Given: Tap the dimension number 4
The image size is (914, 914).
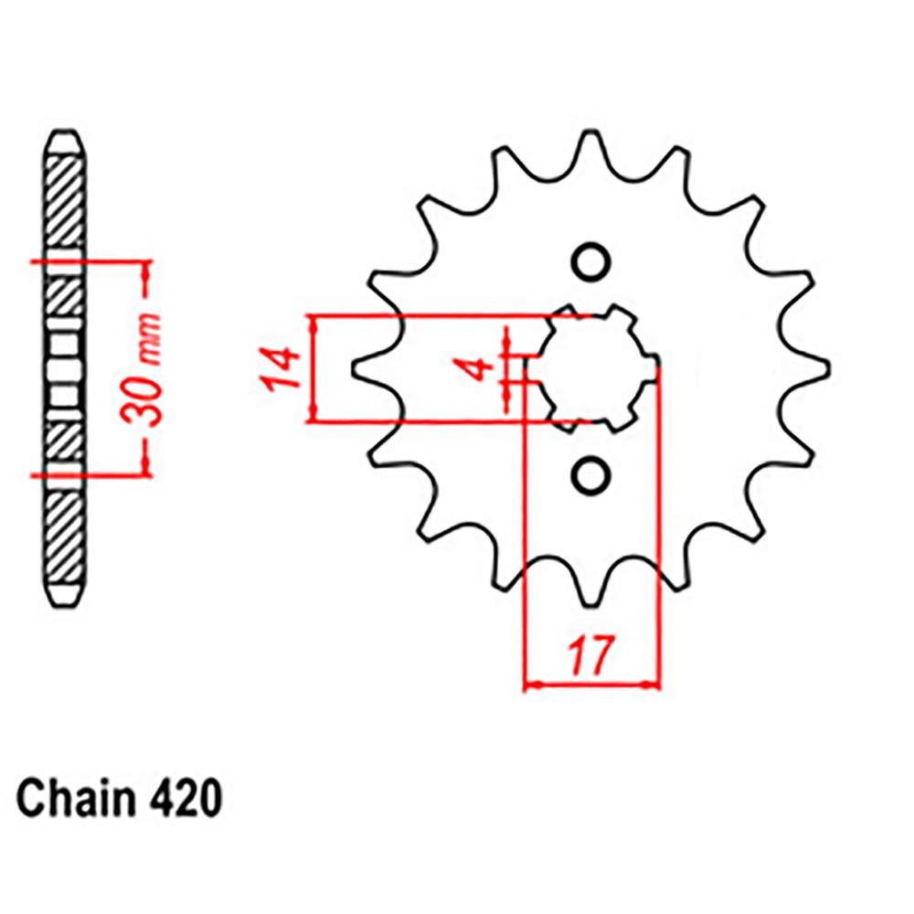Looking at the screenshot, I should (474, 369).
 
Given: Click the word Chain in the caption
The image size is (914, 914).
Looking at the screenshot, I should (72, 798).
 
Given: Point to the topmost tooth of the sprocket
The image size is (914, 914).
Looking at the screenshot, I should (590, 146).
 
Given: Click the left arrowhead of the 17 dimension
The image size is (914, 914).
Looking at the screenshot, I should (529, 683).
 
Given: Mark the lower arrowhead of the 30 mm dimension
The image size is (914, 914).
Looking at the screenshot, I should (143, 467).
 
